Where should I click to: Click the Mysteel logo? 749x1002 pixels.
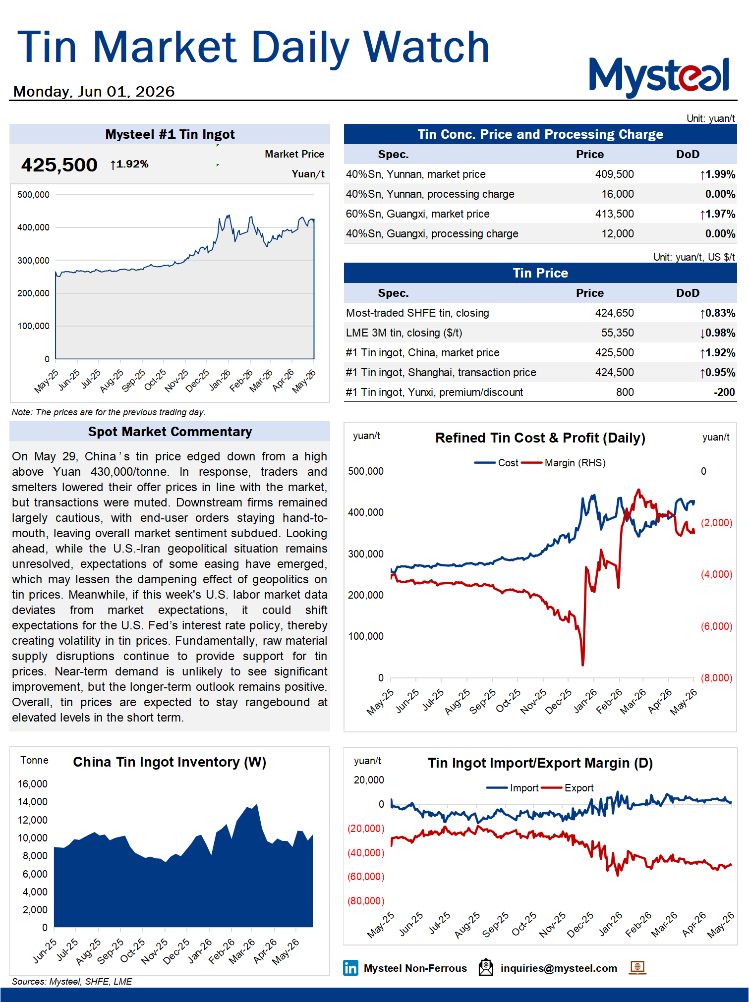pos(659,77)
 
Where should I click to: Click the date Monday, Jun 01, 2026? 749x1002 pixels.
pos(94,92)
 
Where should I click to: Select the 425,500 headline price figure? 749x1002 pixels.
pos(59,165)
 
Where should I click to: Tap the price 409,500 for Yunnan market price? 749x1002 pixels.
pos(614,174)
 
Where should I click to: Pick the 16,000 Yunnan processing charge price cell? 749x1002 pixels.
pos(618,194)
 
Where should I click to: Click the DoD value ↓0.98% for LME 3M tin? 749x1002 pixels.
pos(717,333)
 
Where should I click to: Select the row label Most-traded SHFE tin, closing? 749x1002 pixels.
pos(417,313)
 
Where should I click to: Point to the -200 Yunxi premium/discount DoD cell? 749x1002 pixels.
pos(724,392)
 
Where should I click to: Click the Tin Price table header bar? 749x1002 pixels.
pos(540,273)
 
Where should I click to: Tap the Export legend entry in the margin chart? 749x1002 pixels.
pos(568,788)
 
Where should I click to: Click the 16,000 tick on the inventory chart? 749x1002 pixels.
pos(33,784)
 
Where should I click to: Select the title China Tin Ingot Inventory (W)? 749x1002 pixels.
pos(170,762)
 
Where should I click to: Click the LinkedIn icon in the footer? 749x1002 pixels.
pos(350,968)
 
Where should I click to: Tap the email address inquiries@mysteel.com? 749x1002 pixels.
pos(559,968)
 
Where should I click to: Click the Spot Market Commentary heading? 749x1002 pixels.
pos(170,432)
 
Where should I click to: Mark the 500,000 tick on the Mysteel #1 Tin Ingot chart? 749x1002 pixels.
pos(33,195)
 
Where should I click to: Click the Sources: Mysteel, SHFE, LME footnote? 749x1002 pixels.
pos(72,982)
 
